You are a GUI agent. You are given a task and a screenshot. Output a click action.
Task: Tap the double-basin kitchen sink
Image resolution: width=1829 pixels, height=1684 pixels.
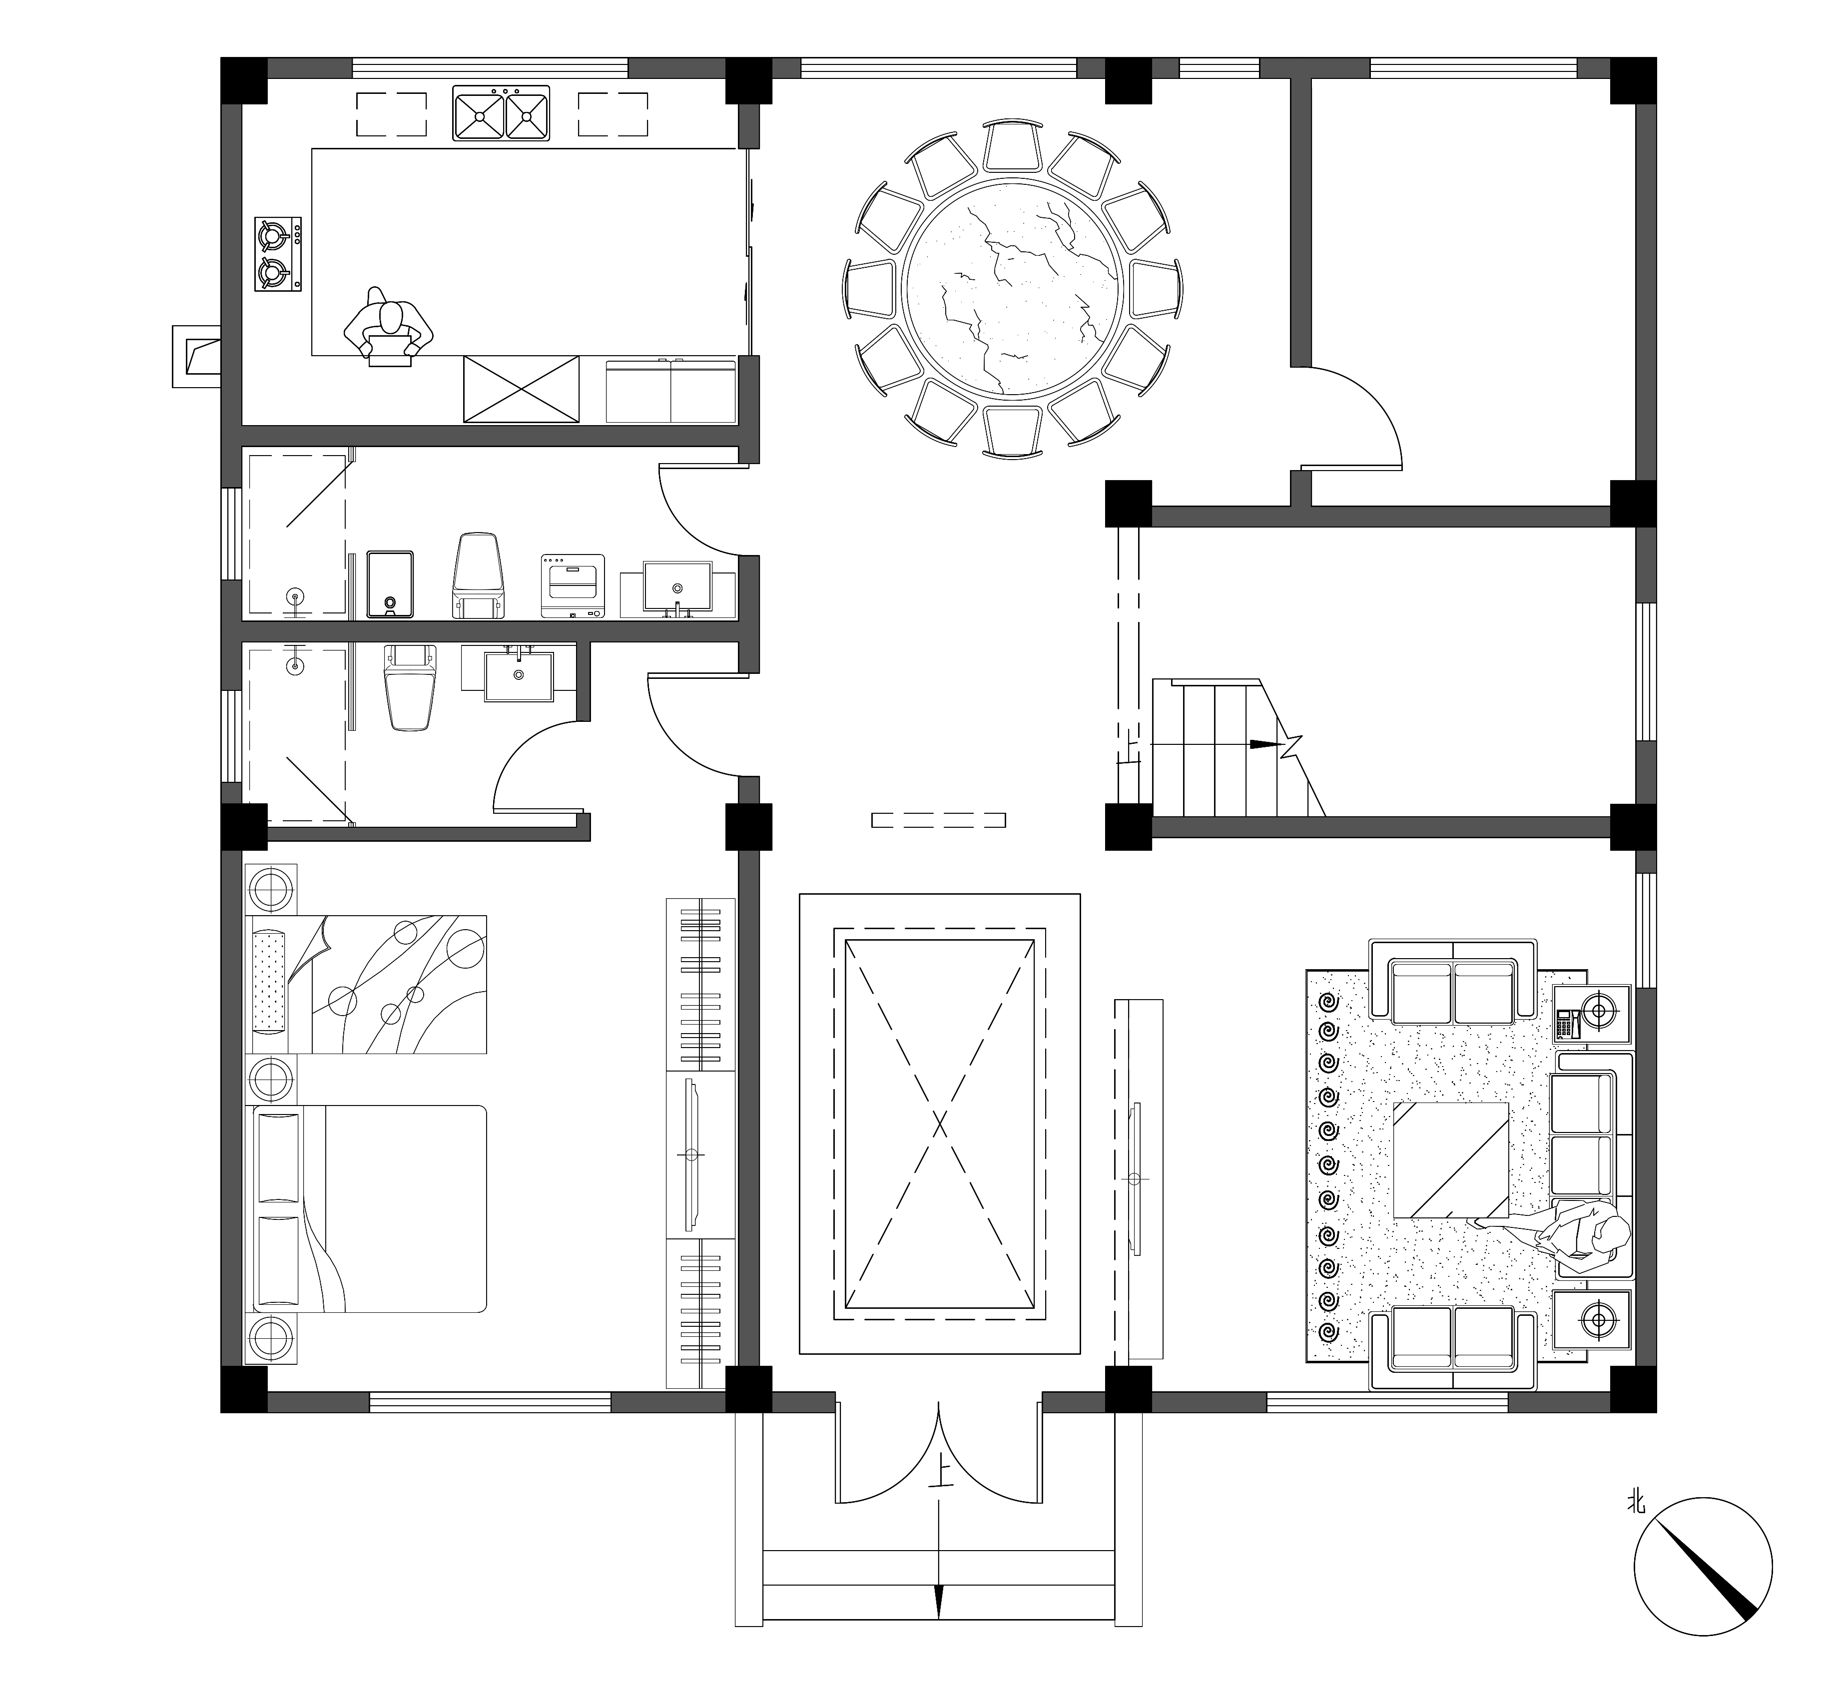501,113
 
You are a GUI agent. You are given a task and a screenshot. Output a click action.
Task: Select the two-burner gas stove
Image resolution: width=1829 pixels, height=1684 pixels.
278,254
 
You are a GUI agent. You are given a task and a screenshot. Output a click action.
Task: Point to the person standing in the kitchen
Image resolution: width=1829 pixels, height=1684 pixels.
388,326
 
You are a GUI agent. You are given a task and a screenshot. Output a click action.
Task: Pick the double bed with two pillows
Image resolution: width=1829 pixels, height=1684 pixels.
365,1208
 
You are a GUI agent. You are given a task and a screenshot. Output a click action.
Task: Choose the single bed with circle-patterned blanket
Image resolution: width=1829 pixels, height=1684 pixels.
365,984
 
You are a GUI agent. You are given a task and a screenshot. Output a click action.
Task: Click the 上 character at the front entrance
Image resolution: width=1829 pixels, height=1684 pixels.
940,1501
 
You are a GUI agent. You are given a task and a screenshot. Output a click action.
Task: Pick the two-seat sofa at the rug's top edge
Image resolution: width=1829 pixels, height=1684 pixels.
1452,991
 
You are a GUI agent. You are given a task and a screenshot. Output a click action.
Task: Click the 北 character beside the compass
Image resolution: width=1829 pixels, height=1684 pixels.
1638,1500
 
